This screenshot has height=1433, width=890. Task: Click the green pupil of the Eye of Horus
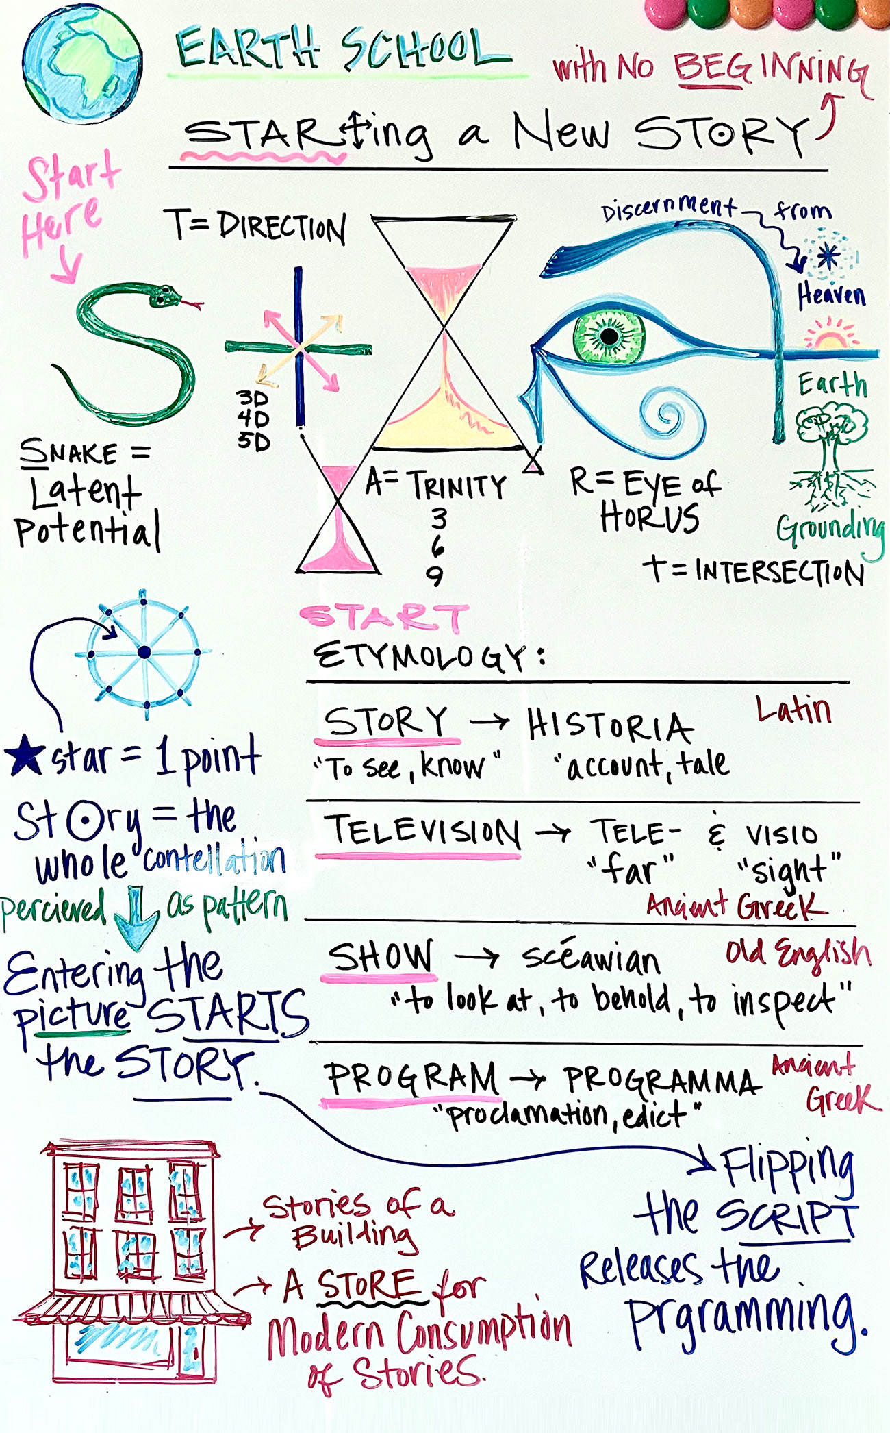point(609,336)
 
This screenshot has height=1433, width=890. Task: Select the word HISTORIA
point(609,726)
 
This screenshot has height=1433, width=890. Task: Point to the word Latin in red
point(793,710)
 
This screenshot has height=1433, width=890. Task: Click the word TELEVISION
point(422,832)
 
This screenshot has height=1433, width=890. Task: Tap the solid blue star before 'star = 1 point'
point(25,755)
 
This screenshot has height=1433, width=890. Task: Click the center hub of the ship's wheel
point(144,653)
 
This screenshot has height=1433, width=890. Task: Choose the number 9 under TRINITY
point(435,576)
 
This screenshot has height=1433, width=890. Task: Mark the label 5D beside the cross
point(253,440)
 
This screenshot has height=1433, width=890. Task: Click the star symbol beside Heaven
point(829,257)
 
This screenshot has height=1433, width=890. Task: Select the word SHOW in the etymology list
point(381,956)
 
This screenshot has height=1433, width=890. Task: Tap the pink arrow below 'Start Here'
point(67,267)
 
